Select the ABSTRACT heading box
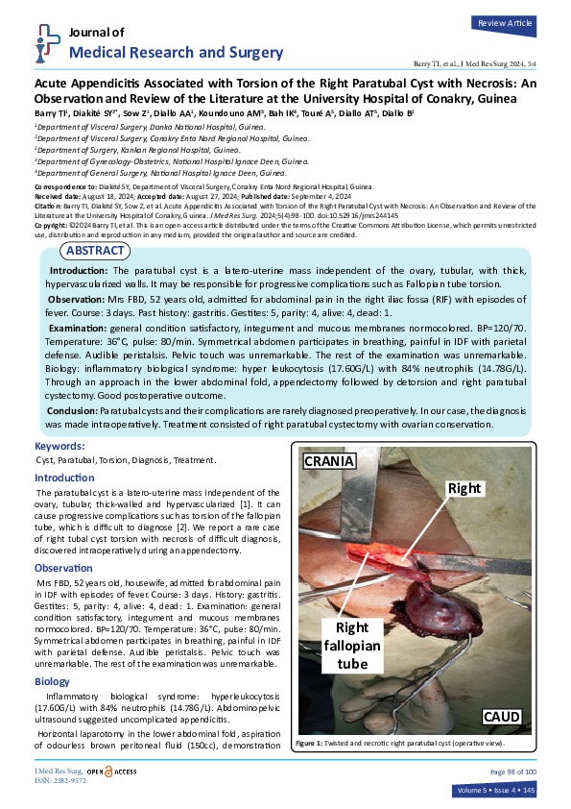coord(95,251)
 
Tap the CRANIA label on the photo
coord(330,461)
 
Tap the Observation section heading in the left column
coord(63,568)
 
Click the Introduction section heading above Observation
coord(64,478)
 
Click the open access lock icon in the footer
coord(107,771)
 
